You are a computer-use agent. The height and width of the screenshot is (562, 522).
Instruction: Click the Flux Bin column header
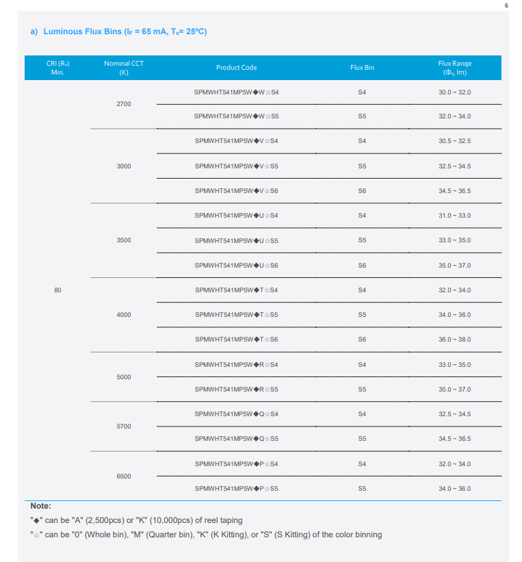pyautogui.click(x=362, y=68)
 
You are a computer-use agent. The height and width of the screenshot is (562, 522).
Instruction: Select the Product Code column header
pyautogui.click(x=236, y=68)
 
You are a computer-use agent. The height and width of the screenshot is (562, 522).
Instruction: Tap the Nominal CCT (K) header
pyautogui.click(x=124, y=68)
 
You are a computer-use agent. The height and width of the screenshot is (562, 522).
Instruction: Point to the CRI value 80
pyautogui.click(x=57, y=290)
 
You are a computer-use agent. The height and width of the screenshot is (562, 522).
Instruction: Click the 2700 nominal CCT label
pyautogui.click(x=124, y=104)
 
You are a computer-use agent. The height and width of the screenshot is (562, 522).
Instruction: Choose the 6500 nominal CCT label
pyautogui.click(x=124, y=476)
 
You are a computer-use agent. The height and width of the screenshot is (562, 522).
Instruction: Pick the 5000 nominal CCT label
pyautogui.click(x=124, y=377)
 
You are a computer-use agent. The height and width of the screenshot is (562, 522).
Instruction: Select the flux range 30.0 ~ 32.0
pyautogui.click(x=454, y=92)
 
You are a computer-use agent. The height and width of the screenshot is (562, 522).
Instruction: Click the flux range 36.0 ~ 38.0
pyautogui.click(x=454, y=340)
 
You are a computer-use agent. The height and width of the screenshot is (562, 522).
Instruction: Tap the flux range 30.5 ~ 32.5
pyautogui.click(x=454, y=141)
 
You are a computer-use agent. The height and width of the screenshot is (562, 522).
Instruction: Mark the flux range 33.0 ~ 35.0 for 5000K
pyautogui.click(x=454, y=364)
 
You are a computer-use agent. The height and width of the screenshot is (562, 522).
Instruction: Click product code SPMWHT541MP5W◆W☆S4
pyautogui.click(x=236, y=92)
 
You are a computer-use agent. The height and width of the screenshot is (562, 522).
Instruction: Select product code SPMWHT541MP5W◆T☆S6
pyautogui.click(x=236, y=340)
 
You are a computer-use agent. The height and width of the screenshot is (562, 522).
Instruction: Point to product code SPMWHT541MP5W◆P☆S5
pyautogui.click(x=236, y=489)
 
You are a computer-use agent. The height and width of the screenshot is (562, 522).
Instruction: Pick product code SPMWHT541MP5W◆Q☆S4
pyautogui.click(x=236, y=414)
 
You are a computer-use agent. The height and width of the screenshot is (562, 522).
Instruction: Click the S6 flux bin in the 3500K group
pyautogui.click(x=362, y=266)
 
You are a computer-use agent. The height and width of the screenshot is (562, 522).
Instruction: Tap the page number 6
pyautogui.click(x=507, y=5)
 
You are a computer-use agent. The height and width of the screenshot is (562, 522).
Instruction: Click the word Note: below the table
pyautogui.click(x=40, y=506)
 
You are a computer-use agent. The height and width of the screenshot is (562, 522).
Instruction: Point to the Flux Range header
pyautogui.click(x=454, y=68)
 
